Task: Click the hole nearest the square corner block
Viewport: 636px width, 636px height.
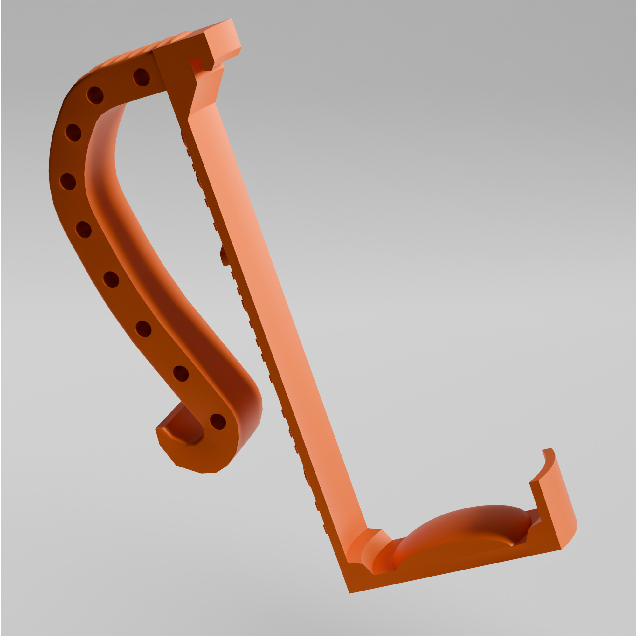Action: pyautogui.click(x=141, y=77)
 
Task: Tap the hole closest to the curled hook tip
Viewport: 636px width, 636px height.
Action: pyautogui.click(x=218, y=422)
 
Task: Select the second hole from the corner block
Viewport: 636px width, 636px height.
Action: pyautogui.click(x=95, y=95)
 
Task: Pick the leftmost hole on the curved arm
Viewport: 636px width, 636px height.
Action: pyautogui.click(x=68, y=182)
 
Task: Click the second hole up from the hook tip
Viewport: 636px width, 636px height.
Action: pyautogui.click(x=180, y=374)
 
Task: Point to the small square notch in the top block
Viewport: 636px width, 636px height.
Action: pyautogui.click(x=202, y=65)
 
